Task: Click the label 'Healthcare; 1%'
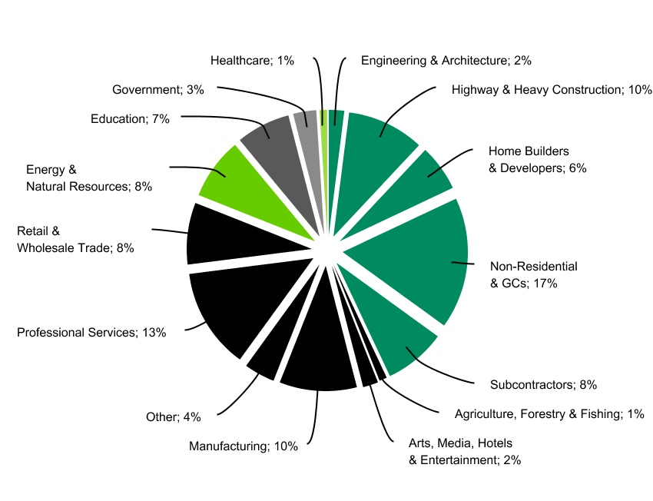pos(252,60)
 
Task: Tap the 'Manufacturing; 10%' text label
pos(244,446)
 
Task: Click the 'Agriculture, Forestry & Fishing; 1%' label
pos(549,414)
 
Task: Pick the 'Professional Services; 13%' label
pos(102,333)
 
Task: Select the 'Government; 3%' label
pos(158,89)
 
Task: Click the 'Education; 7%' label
pos(130,118)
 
